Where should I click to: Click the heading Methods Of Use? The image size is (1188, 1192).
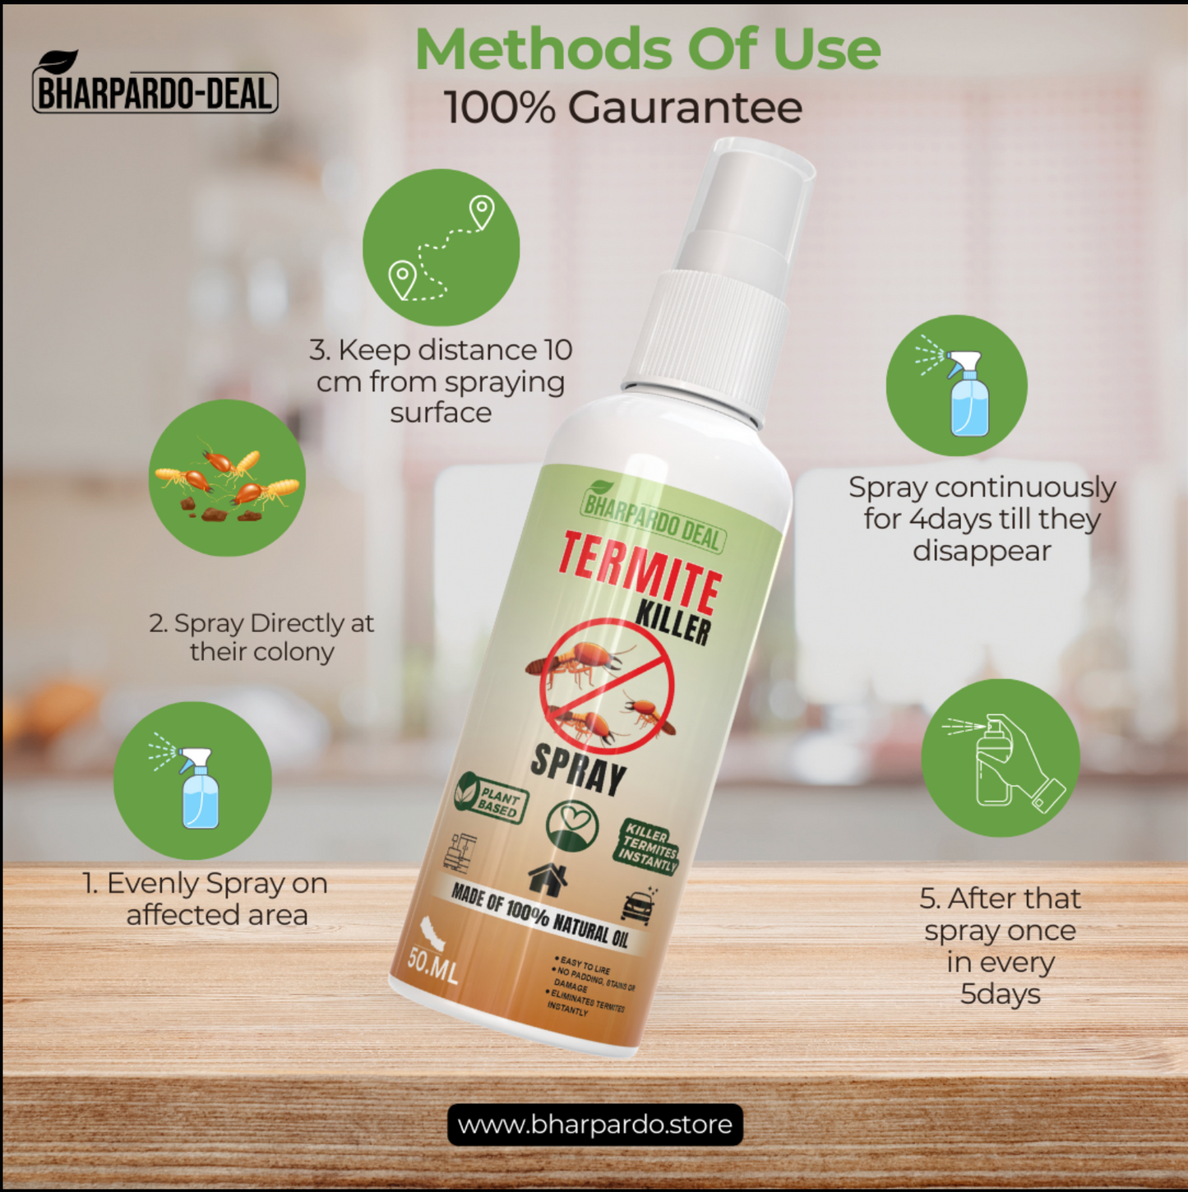pos(648,50)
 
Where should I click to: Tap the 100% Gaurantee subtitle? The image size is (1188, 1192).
pos(622,108)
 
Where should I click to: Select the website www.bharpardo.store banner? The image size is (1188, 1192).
pos(594,1124)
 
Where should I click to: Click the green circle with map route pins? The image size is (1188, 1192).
pos(441,247)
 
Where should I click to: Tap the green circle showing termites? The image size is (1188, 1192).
pos(227,478)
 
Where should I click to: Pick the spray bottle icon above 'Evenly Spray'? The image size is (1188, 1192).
pos(192,780)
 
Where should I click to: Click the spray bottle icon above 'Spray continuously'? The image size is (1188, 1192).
pos(956,386)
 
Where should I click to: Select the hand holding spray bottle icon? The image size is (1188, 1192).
pos(1001,758)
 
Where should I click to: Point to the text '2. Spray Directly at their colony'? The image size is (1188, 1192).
pos(261,637)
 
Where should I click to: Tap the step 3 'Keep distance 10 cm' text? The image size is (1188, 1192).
pos(441,381)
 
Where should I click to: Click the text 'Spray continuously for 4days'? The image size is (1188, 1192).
pos(982,519)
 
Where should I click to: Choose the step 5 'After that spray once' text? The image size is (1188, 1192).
pos(1000,945)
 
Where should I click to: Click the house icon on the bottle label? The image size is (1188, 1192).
pos(548,879)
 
